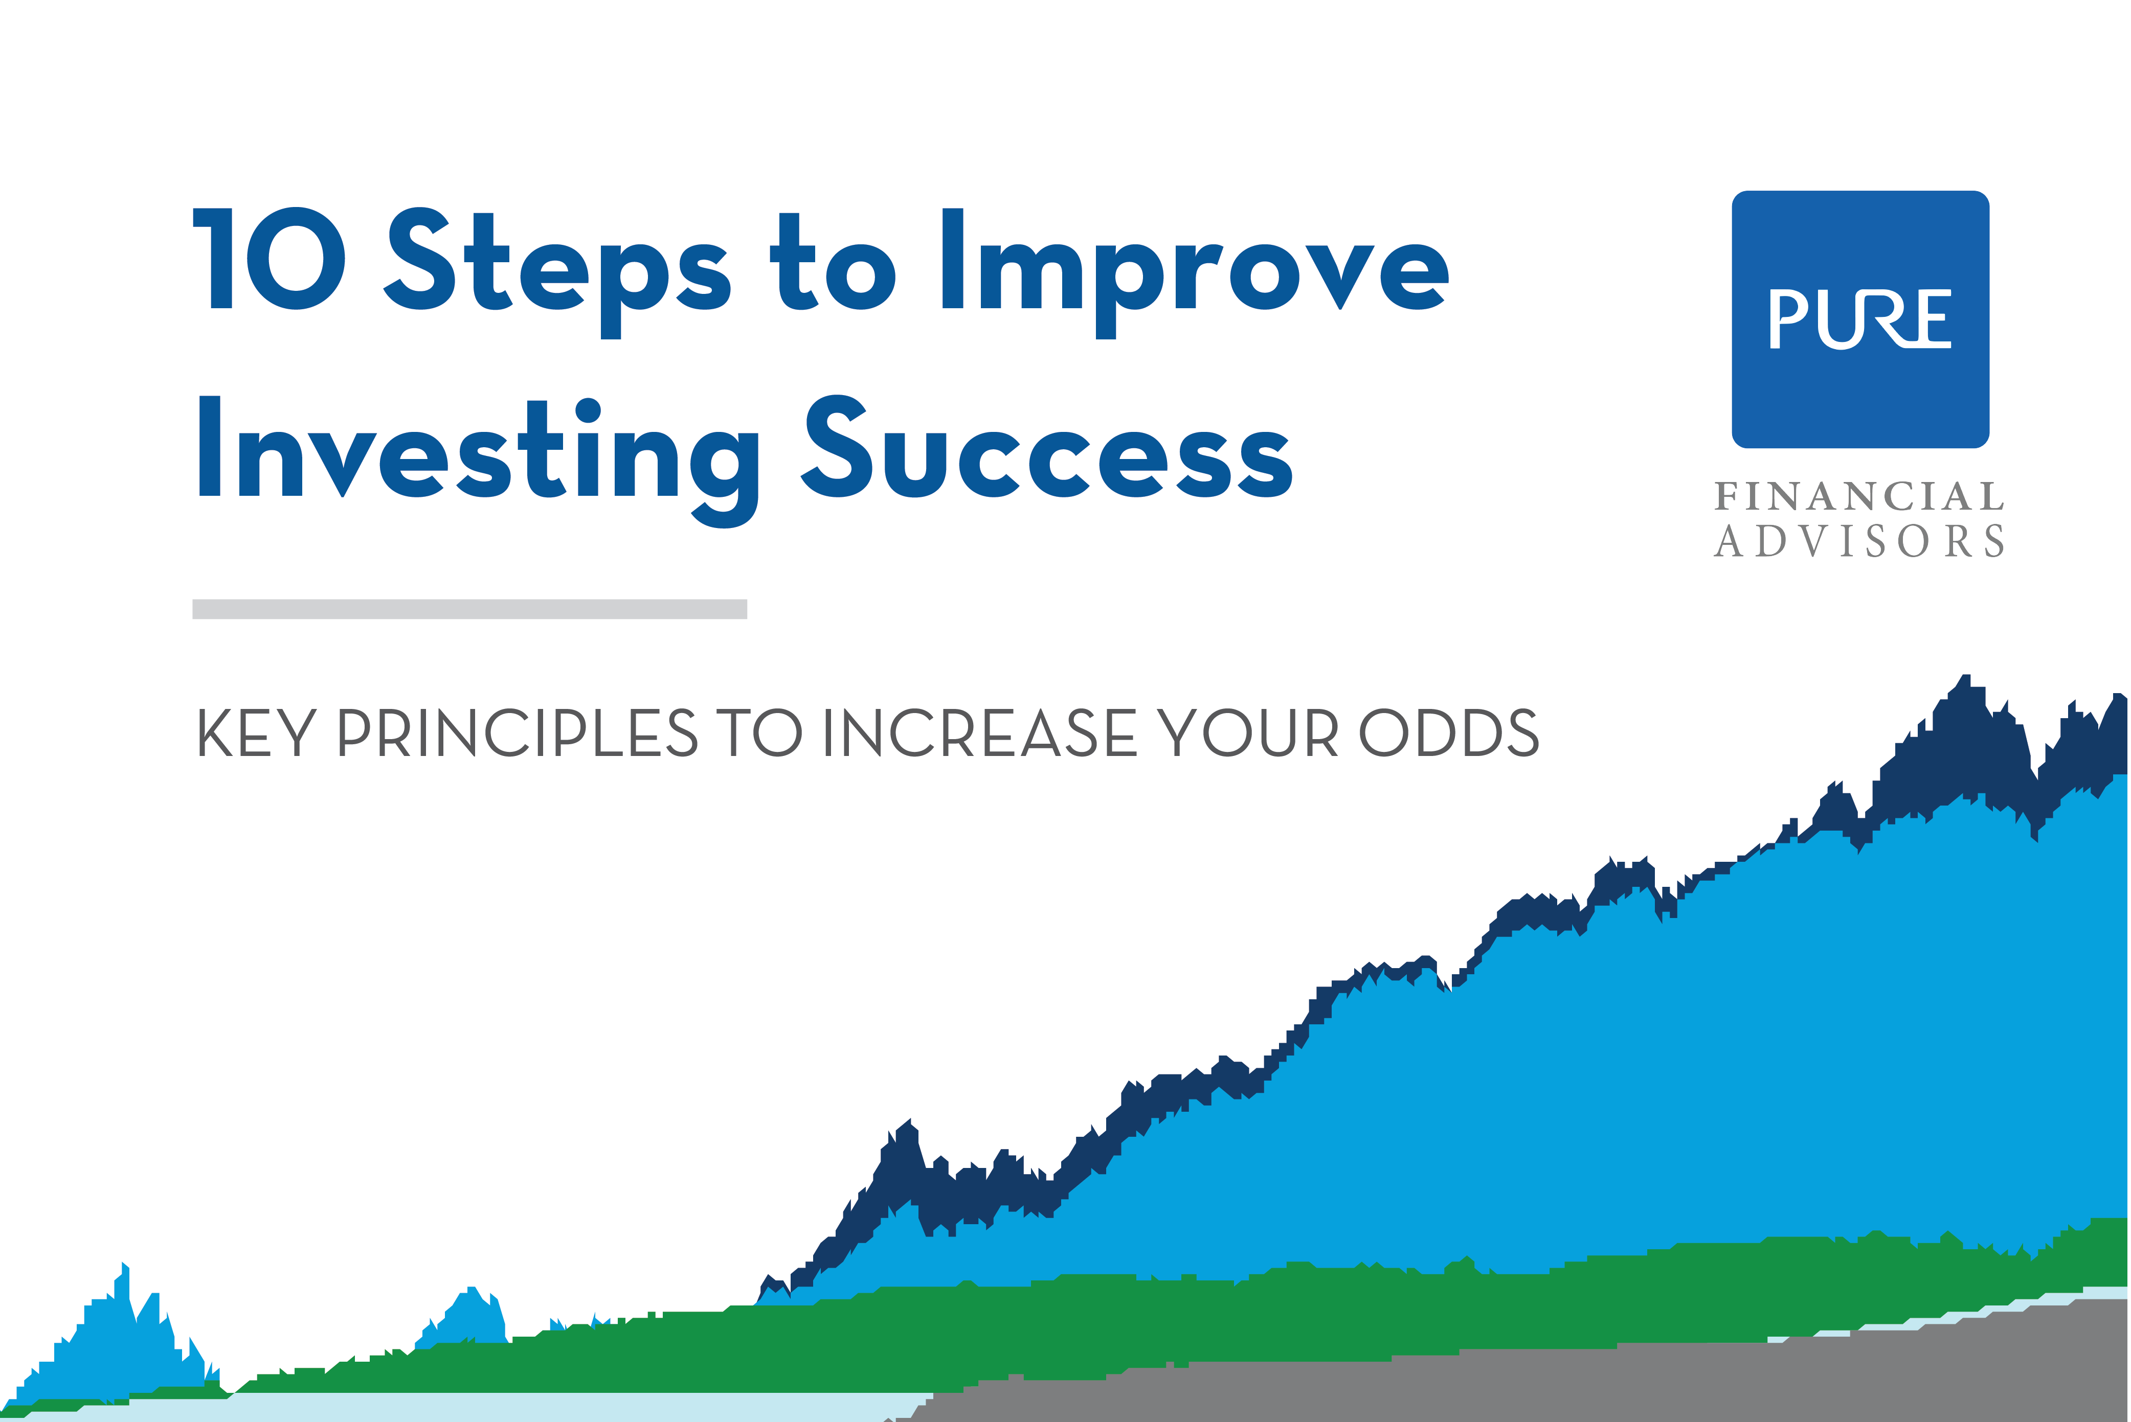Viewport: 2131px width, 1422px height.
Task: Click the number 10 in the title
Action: pyautogui.click(x=270, y=259)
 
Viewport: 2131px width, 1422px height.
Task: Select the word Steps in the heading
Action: pyautogui.click(x=558, y=272)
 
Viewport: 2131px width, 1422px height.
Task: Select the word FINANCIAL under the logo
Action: pyautogui.click(x=1860, y=496)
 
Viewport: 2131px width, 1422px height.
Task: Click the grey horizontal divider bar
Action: pyautogui.click(x=470, y=609)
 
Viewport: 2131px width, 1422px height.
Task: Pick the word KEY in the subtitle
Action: pyautogui.click(x=257, y=733)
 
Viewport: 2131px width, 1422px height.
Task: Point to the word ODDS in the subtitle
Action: pyautogui.click(x=1449, y=733)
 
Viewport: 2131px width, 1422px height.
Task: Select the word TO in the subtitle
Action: pyautogui.click(x=759, y=733)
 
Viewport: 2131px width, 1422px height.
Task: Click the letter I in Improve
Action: pyautogui.click(x=953, y=259)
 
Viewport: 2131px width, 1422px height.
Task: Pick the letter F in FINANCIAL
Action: pyautogui.click(x=1726, y=496)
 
